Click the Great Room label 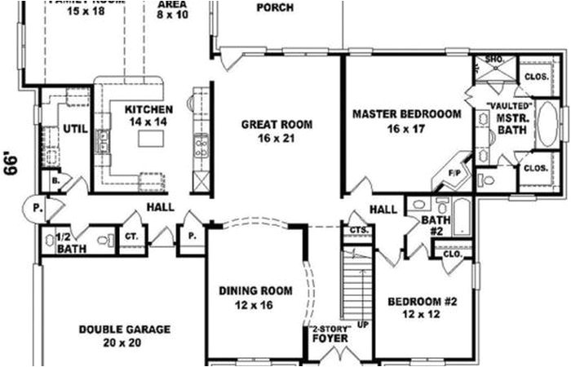(x=277, y=131)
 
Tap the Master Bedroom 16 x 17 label (x=406, y=121)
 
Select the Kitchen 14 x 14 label (x=148, y=115)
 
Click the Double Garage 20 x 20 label (x=125, y=336)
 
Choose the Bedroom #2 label (x=422, y=307)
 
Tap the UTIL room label (x=75, y=129)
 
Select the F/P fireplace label (x=455, y=174)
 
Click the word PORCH (x=275, y=8)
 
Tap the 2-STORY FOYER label (x=331, y=334)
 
